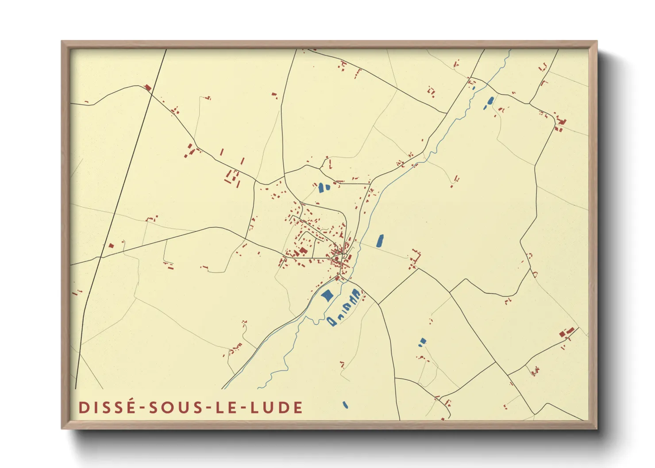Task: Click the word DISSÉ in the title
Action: point(107,407)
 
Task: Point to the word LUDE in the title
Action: point(277,407)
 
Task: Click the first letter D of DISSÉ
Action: point(83,407)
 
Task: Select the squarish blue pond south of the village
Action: point(327,295)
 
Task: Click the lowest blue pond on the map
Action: point(345,404)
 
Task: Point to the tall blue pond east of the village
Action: point(380,241)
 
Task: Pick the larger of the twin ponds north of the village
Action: point(321,188)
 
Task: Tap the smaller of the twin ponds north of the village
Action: point(327,187)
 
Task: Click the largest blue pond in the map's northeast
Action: point(490,101)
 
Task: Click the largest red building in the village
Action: point(303,251)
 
